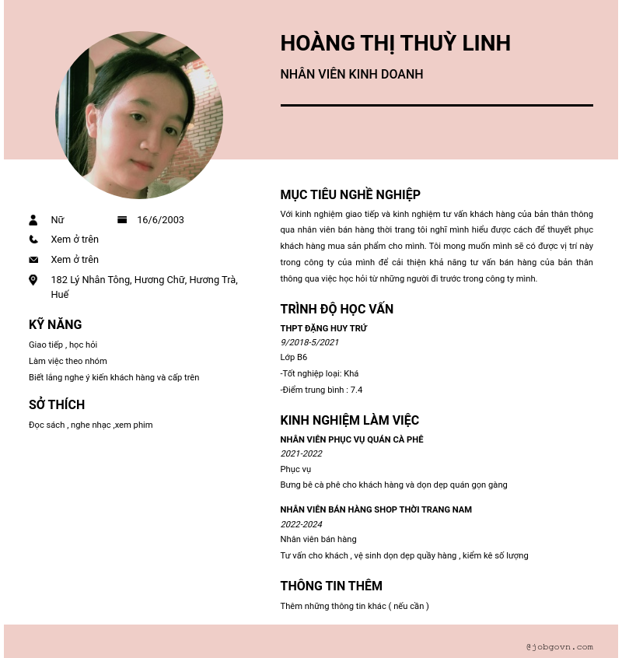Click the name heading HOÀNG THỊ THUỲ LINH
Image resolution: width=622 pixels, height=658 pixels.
(x=395, y=44)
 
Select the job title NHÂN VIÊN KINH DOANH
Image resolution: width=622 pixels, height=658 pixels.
(x=351, y=75)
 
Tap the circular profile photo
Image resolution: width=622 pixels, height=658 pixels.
(x=139, y=115)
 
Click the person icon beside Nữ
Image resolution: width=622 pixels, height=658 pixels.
(x=33, y=220)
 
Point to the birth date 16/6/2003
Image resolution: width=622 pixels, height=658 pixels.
(x=160, y=220)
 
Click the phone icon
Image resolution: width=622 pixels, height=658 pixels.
(x=33, y=240)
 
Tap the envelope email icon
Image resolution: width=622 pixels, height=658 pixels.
(x=33, y=260)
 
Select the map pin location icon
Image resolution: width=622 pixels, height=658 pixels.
(x=33, y=280)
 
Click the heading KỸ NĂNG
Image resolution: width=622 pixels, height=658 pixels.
(x=55, y=324)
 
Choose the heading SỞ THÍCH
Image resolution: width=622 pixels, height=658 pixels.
(x=57, y=404)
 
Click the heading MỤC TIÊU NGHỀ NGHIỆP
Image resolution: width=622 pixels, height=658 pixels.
(x=350, y=194)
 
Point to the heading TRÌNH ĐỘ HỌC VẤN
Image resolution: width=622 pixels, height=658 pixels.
(x=337, y=309)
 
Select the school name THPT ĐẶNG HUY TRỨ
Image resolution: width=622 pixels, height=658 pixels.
(x=323, y=328)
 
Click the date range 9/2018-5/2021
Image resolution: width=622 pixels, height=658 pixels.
(x=309, y=342)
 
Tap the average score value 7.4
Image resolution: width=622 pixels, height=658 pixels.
(x=356, y=390)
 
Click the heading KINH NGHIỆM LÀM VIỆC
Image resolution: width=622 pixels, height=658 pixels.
(x=349, y=420)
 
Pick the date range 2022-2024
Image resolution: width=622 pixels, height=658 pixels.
(x=301, y=524)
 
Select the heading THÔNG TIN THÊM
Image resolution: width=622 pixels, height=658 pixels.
(x=331, y=586)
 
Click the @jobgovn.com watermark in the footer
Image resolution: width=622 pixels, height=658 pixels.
(x=559, y=646)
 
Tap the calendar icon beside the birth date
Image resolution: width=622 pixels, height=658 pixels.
(x=122, y=220)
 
